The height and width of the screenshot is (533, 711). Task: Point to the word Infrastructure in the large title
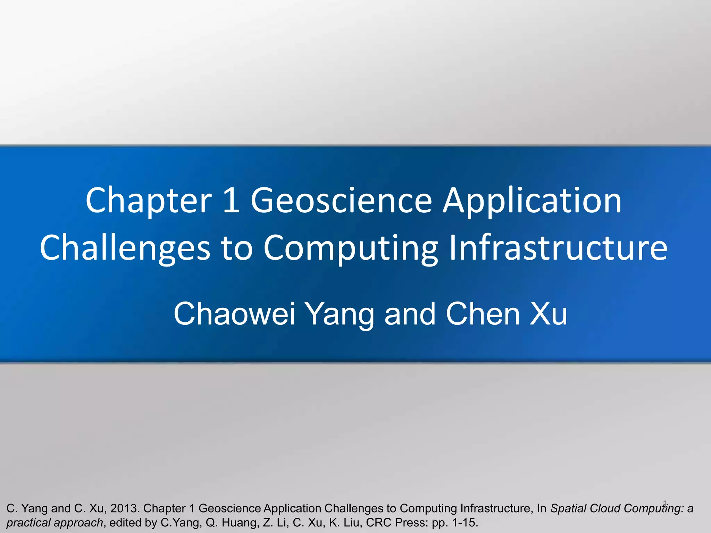[x=558, y=248]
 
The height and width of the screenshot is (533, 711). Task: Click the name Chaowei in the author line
[x=234, y=314]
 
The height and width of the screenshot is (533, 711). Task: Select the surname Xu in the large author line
[x=548, y=314]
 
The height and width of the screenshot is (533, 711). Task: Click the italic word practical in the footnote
[x=28, y=523]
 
